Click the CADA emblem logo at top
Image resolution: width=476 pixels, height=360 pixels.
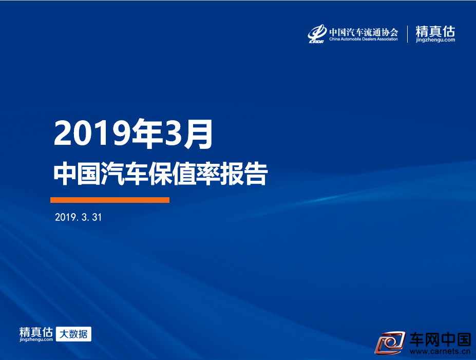coord(317,33)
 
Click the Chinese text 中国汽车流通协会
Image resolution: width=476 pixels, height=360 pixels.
coord(364,32)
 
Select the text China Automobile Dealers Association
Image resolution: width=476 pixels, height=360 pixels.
coord(364,39)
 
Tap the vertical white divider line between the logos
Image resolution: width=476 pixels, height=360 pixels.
coord(407,34)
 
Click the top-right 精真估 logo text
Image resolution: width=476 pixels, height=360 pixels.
coord(435,31)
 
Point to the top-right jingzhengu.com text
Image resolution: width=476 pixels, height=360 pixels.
coord(435,40)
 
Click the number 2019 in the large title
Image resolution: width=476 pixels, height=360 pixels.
coord(92,134)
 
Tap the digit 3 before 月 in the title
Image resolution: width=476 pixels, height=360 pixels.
coord(174,134)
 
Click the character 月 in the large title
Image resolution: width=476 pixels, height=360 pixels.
coord(199,134)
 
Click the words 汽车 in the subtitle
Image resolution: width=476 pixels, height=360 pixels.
coord(124,174)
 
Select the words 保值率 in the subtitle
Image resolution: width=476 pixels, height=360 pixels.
coord(184,174)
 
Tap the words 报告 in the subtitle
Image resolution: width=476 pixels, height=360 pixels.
coord(244,174)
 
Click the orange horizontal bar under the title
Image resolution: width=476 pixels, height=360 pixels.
coord(110,200)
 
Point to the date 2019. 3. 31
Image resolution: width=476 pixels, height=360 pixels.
coord(79,217)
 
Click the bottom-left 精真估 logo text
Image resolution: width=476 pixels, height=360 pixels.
coord(36,332)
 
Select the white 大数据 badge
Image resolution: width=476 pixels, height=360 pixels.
coord(73,334)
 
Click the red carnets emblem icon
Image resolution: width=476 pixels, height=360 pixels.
coord(390,343)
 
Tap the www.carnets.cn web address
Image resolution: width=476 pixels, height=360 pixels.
coord(440,351)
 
